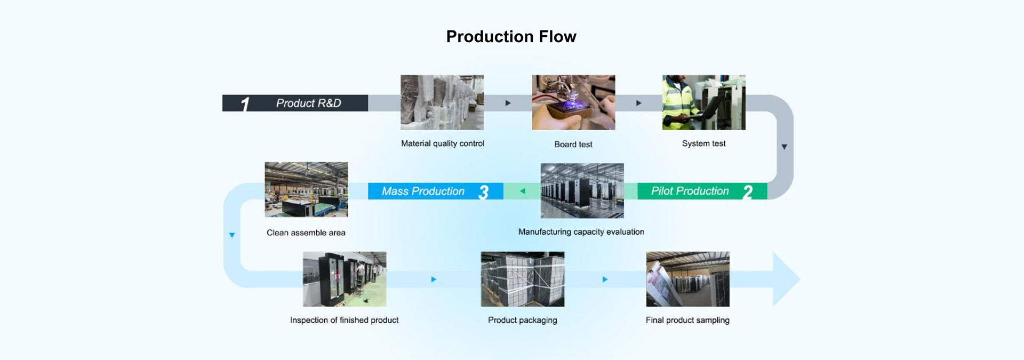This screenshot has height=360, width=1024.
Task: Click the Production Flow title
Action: tap(511, 36)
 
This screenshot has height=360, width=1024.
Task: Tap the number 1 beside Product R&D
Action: tap(245, 104)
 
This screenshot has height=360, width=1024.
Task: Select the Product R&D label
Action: tap(308, 103)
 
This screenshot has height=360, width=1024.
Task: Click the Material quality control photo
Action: tap(442, 102)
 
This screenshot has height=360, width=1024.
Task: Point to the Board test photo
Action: tap(573, 102)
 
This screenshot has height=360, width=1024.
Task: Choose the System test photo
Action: tap(704, 102)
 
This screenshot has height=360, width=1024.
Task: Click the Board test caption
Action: tap(573, 145)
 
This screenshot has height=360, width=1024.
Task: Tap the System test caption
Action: tap(704, 143)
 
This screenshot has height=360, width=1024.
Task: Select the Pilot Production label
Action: tap(690, 191)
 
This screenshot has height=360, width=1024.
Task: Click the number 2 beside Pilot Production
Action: tap(748, 192)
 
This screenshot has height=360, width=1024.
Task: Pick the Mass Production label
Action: tap(423, 191)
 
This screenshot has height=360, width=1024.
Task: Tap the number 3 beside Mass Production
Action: tap(484, 192)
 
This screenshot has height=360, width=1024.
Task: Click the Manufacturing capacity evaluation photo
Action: tap(582, 191)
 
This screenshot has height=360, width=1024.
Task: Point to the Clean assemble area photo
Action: tap(306, 189)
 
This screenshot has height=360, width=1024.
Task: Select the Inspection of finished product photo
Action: tap(345, 279)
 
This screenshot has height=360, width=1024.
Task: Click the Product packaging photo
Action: tap(523, 279)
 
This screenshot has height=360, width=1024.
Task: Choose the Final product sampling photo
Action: tap(687, 279)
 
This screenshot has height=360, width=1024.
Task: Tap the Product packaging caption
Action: tap(523, 320)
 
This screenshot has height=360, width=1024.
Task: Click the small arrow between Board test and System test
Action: tap(638, 103)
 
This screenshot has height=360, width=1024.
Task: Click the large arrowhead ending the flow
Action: tap(785, 279)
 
